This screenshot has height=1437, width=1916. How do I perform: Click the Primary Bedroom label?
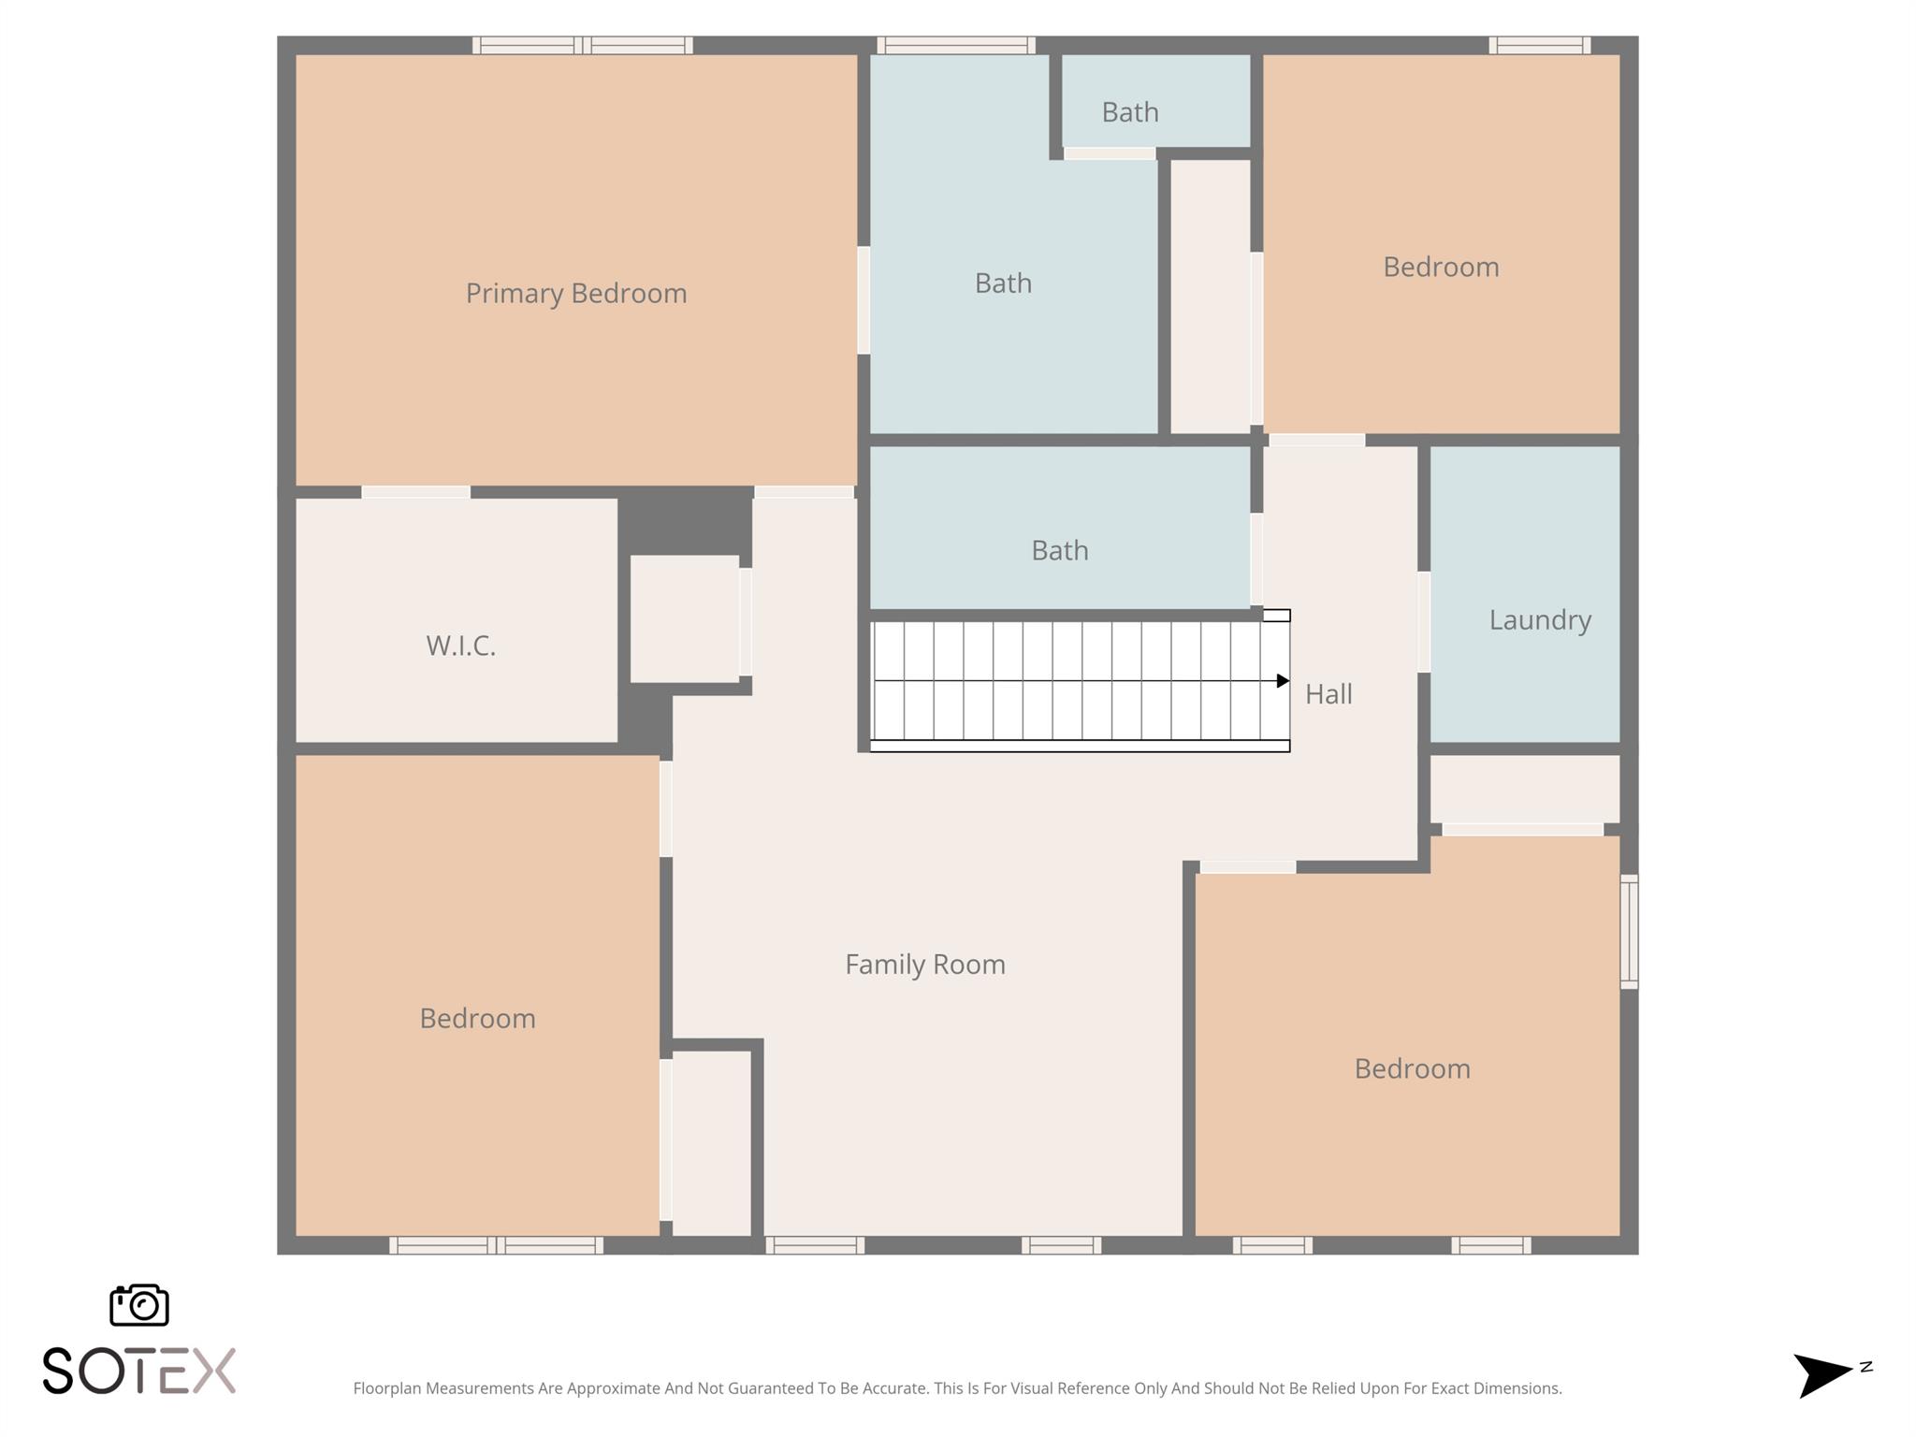[x=576, y=294]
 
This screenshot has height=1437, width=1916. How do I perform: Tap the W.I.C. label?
[x=460, y=646]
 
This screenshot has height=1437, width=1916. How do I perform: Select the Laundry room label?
[x=1540, y=620]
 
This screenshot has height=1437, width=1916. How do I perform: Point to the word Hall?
[x=1328, y=694]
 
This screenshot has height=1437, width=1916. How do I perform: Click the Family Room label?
[x=925, y=965]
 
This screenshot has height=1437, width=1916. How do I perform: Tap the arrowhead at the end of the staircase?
[x=1283, y=681]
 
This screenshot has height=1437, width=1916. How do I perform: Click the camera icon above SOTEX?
[x=139, y=1305]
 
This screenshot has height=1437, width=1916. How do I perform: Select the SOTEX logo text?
[x=139, y=1372]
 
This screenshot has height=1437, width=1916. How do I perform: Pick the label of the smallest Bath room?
[x=1130, y=112]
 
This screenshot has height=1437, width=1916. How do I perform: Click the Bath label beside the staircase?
[x=1060, y=550]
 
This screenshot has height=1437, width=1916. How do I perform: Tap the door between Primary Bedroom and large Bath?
[x=864, y=300]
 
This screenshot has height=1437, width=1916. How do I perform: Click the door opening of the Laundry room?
[x=1424, y=622]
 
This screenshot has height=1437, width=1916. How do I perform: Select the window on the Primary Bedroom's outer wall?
[x=582, y=45]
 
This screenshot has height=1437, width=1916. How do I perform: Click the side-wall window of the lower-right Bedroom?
[x=1629, y=931]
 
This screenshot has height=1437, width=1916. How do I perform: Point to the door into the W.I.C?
[x=415, y=492]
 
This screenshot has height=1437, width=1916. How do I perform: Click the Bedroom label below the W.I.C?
[x=477, y=1019]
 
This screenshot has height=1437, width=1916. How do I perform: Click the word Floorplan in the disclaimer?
[x=387, y=1388]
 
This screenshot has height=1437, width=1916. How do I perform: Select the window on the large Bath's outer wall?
[x=956, y=45]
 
